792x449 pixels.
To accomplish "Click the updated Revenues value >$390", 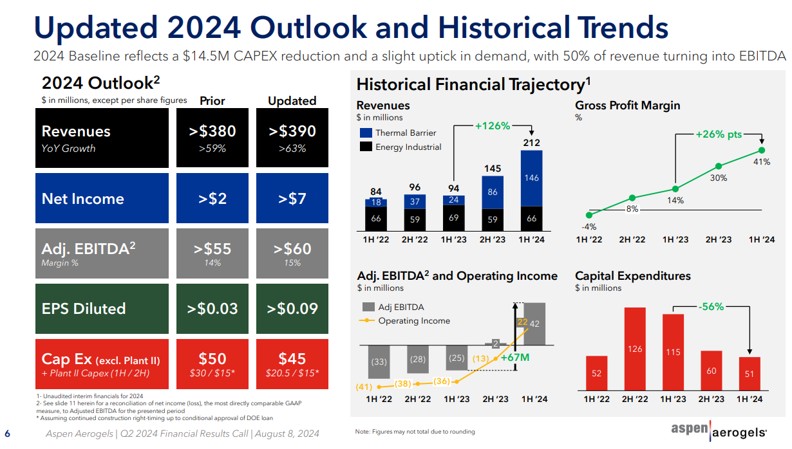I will click(x=292, y=131).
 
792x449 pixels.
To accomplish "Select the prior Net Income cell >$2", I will click(x=212, y=199).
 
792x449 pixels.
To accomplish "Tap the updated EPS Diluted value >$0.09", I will click(x=292, y=308).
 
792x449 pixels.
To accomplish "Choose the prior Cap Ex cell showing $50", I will click(x=212, y=359).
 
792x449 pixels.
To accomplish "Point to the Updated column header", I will click(x=292, y=101).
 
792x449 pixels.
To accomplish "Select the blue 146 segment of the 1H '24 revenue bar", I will click(x=531, y=178).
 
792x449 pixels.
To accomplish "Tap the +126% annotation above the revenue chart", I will click(x=493, y=126).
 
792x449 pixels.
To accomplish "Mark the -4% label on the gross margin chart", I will click(x=589, y=226).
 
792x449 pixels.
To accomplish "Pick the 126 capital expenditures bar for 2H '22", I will click(x=636, y=349).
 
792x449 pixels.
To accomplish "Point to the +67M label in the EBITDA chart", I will click(x=514, y=357).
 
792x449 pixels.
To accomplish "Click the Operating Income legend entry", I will click(x=414, y=321).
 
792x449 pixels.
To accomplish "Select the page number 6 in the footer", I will click(x=8, y=433).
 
